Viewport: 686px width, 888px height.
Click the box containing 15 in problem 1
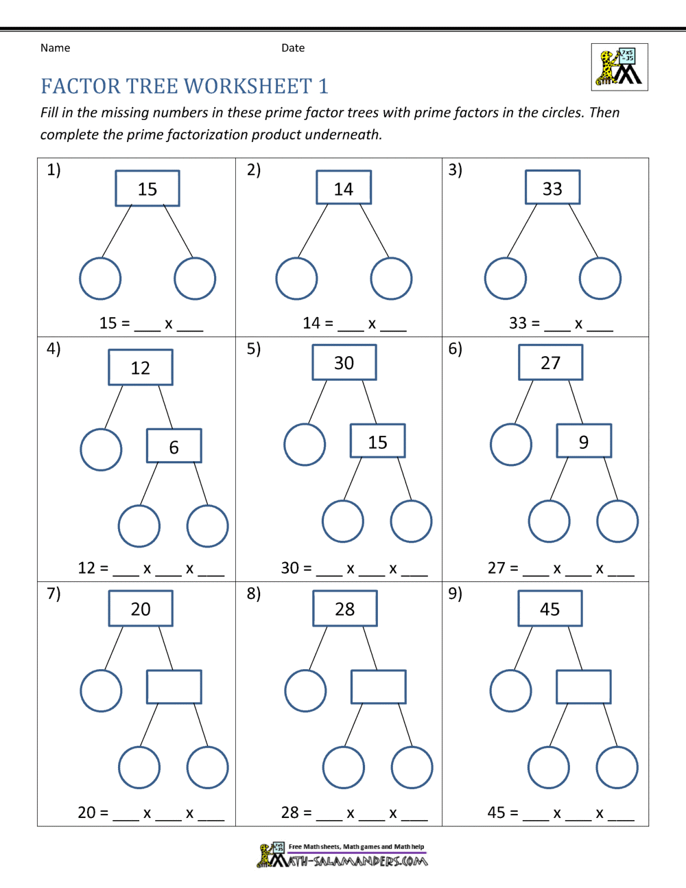147,189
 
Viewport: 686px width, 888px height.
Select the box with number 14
344,188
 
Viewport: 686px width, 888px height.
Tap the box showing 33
552,188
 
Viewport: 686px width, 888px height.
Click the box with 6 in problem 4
174,446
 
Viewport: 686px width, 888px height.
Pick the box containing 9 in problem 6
583,441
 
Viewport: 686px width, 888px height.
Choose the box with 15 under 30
377,441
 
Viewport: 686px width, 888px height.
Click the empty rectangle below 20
174,686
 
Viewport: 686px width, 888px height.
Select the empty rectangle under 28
378,686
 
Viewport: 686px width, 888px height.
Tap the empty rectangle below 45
583,686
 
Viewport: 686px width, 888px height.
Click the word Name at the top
55,48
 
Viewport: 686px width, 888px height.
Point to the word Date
293,48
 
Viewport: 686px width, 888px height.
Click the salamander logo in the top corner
619,67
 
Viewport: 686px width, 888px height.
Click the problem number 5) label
254,349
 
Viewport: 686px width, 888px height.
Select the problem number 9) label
456,593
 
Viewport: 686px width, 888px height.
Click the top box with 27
551,363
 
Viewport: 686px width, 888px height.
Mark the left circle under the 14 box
296,279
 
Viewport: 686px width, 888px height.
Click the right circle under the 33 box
600,279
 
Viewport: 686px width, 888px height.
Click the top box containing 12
141,368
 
